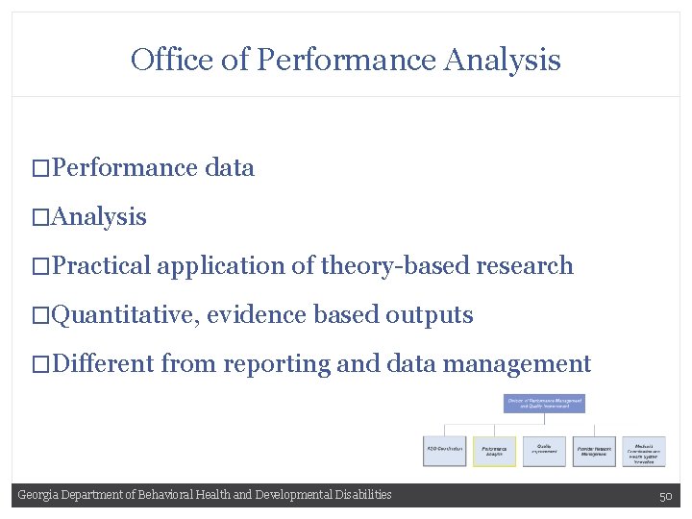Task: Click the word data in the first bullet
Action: point(230,168)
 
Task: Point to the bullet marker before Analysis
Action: point(39,218)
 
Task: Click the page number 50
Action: point(665,496)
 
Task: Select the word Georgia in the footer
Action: point(38,495)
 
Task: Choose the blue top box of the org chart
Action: point(544,404)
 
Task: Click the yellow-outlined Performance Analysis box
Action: point(494,451)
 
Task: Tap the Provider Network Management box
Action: point(593,451)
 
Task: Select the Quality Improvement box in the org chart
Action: point(544,451)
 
